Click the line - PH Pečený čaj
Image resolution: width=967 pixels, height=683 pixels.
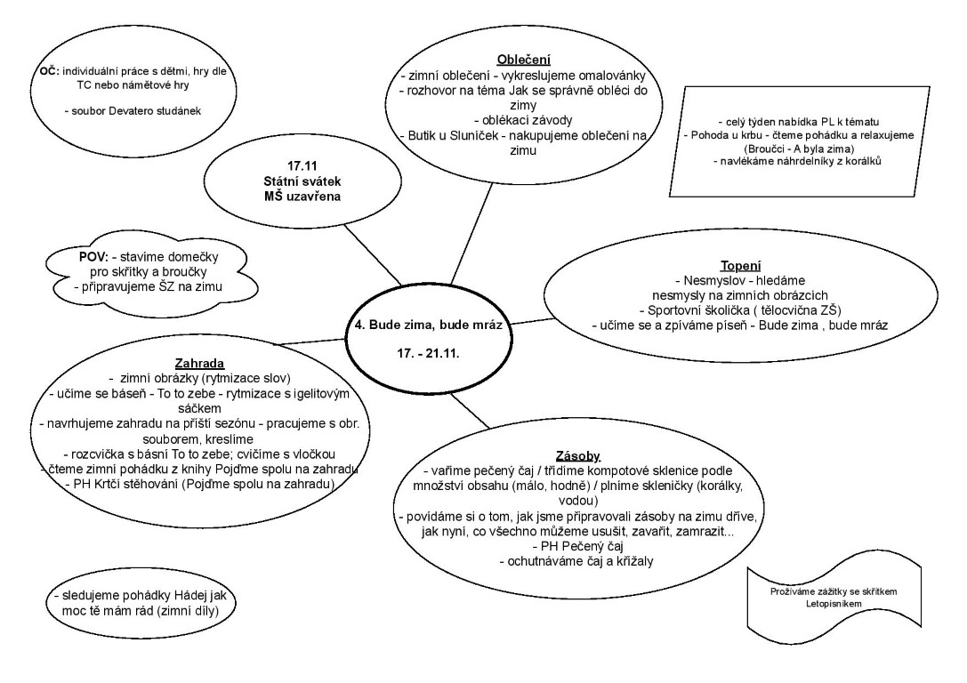click(577, 545)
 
